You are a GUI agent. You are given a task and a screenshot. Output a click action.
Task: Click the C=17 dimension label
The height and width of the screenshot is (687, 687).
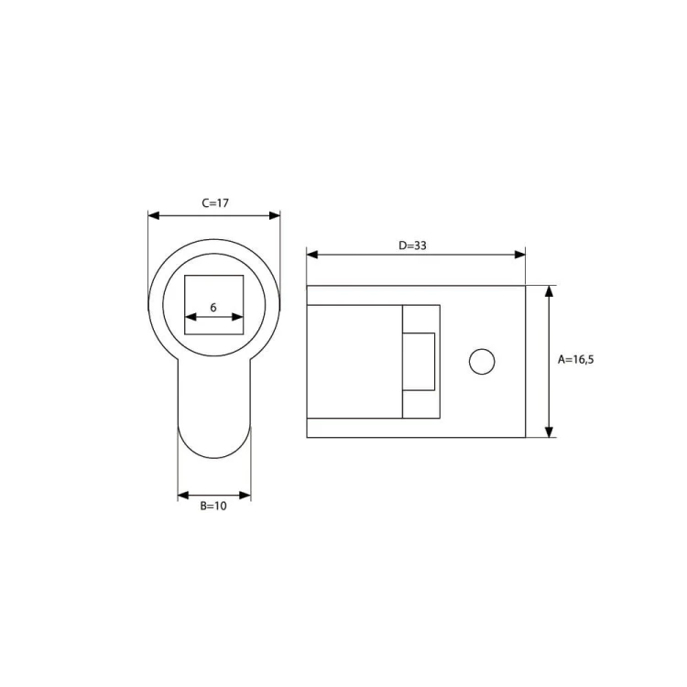pos(215,202)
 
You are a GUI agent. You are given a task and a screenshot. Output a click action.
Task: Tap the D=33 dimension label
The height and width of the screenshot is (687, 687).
pos(412,245)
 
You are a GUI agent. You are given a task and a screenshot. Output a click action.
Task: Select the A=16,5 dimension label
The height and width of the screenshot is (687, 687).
pos(576,360)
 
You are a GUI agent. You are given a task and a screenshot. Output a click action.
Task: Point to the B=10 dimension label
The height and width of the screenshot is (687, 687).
pos(213,506)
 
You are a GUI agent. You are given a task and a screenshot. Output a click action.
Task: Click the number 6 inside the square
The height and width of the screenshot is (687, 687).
pos(213,308)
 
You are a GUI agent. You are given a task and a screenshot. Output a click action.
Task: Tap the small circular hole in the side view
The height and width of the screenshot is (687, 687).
pos(482,362)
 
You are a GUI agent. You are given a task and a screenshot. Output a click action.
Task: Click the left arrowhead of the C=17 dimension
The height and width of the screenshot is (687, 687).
pos(154,215)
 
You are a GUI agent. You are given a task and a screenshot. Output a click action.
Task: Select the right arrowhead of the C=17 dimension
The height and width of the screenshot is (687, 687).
pos(274,215)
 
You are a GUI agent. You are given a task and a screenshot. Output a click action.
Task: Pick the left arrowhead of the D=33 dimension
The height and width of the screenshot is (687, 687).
pos(312,255)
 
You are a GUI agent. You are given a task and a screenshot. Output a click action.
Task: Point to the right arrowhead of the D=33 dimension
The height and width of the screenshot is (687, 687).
pos(519,255)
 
